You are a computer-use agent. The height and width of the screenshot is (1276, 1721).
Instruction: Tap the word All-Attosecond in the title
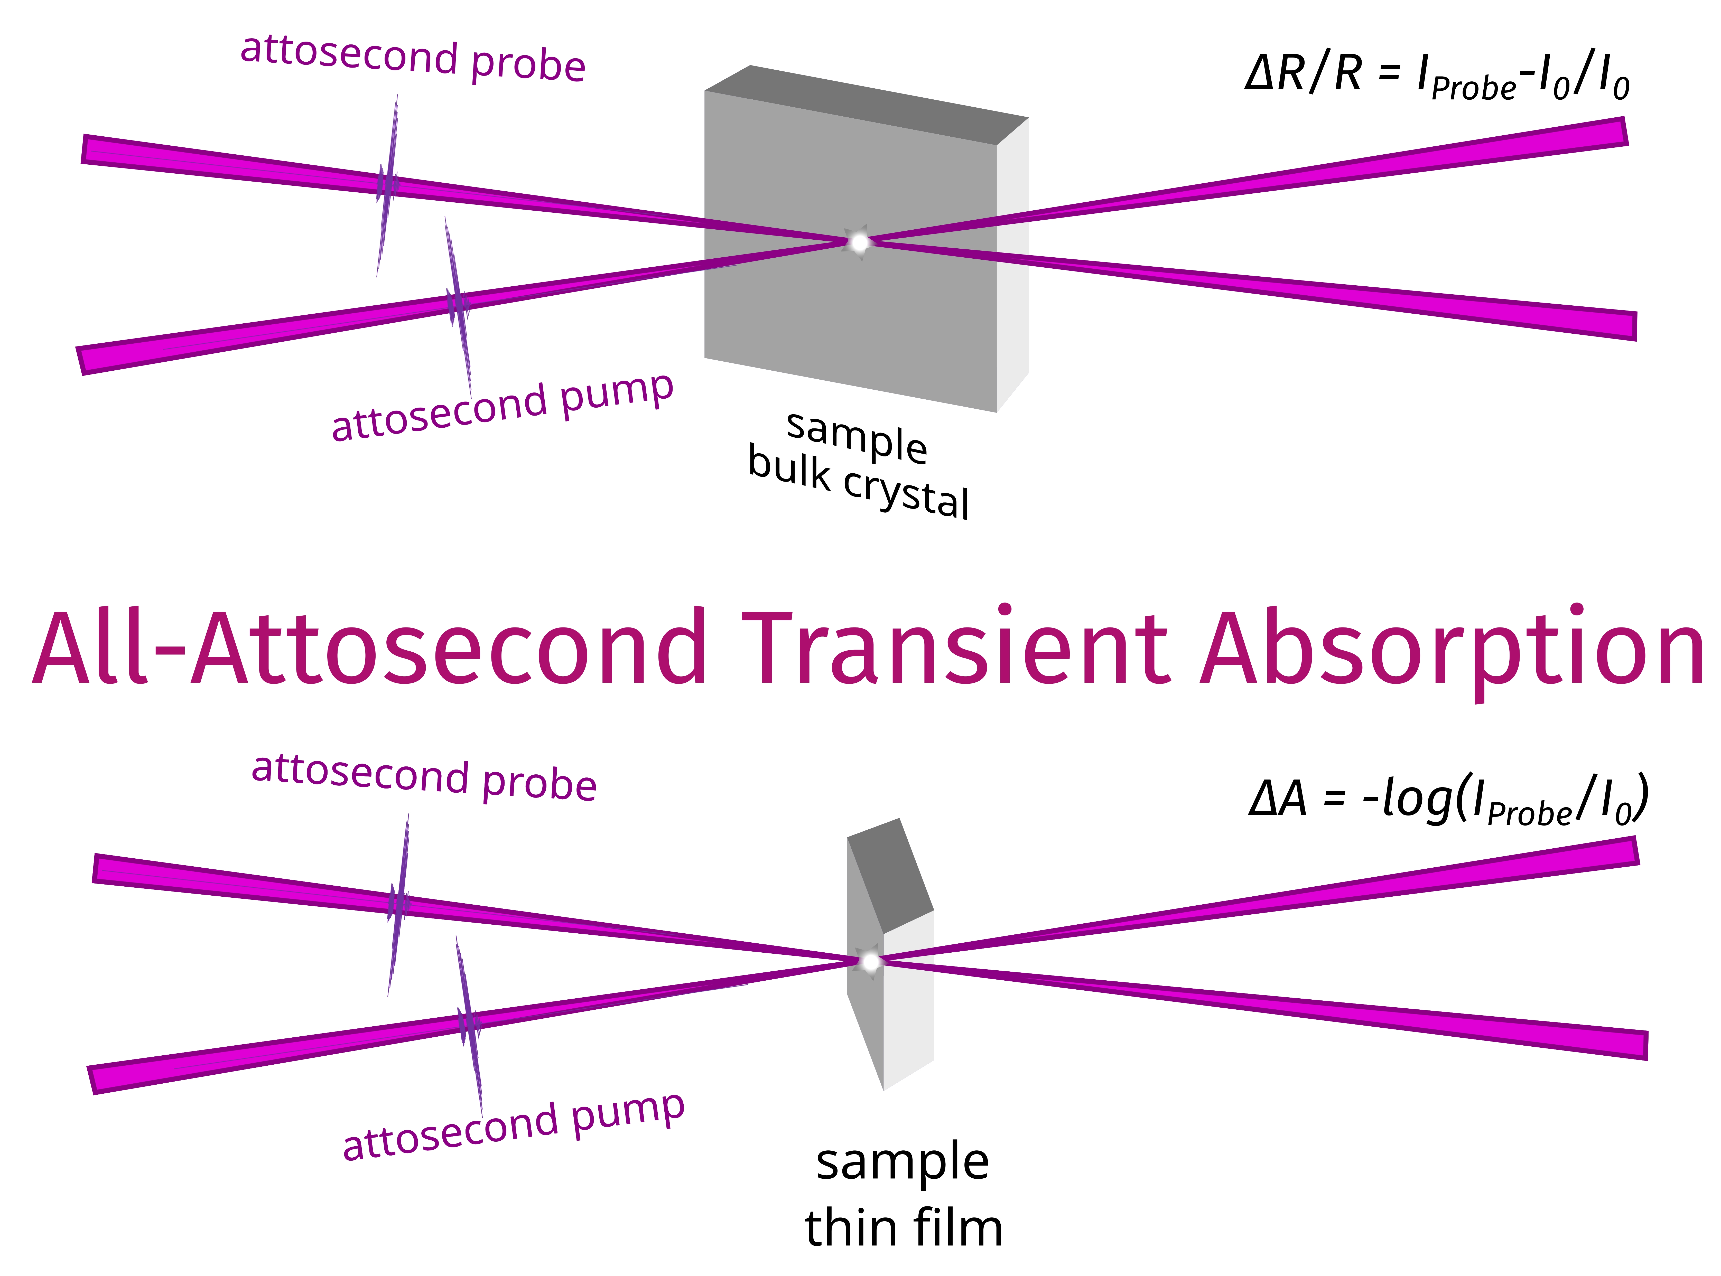369,647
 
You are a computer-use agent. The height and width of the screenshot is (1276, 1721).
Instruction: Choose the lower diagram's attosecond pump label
514,1126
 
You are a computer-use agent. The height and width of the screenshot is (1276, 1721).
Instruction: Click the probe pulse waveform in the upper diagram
387,185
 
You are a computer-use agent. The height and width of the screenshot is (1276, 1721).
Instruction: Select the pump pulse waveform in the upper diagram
458,307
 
